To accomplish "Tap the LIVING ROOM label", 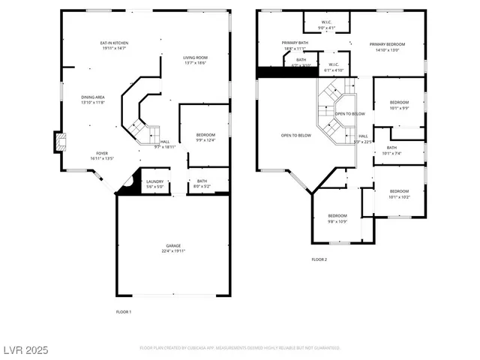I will [196, 58].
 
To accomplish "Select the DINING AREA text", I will [94, 97].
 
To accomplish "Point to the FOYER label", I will [101, 153].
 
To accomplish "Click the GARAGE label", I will [173, 246].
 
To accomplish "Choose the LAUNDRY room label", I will [155, 181].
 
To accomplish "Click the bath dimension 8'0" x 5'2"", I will [202, 186].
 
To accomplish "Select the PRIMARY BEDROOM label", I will [387, 44].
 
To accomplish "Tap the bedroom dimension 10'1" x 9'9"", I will [399, 108].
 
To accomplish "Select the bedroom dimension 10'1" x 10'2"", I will [399, 197].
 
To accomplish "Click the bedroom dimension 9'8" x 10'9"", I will [337, 221].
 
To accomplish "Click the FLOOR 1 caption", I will [124, 311].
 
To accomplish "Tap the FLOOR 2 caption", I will [319, 259].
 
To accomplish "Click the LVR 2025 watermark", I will [26, 349].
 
